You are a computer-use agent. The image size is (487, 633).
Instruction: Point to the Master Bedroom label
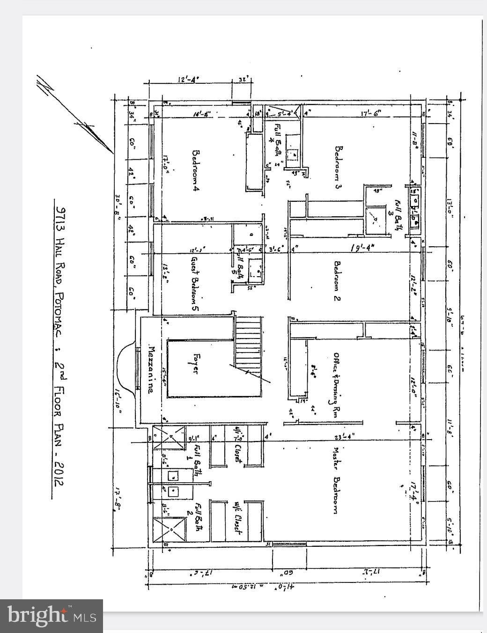pyautogui.click(x=336, y=480)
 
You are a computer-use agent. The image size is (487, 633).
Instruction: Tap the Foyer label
pyautogui.click(x=196, y=363)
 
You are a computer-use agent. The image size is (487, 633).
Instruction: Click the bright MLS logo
pyautogui.click(x=52, y=615)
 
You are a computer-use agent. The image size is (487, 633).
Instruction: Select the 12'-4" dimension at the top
pyautogui.click(x=188, y=80)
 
